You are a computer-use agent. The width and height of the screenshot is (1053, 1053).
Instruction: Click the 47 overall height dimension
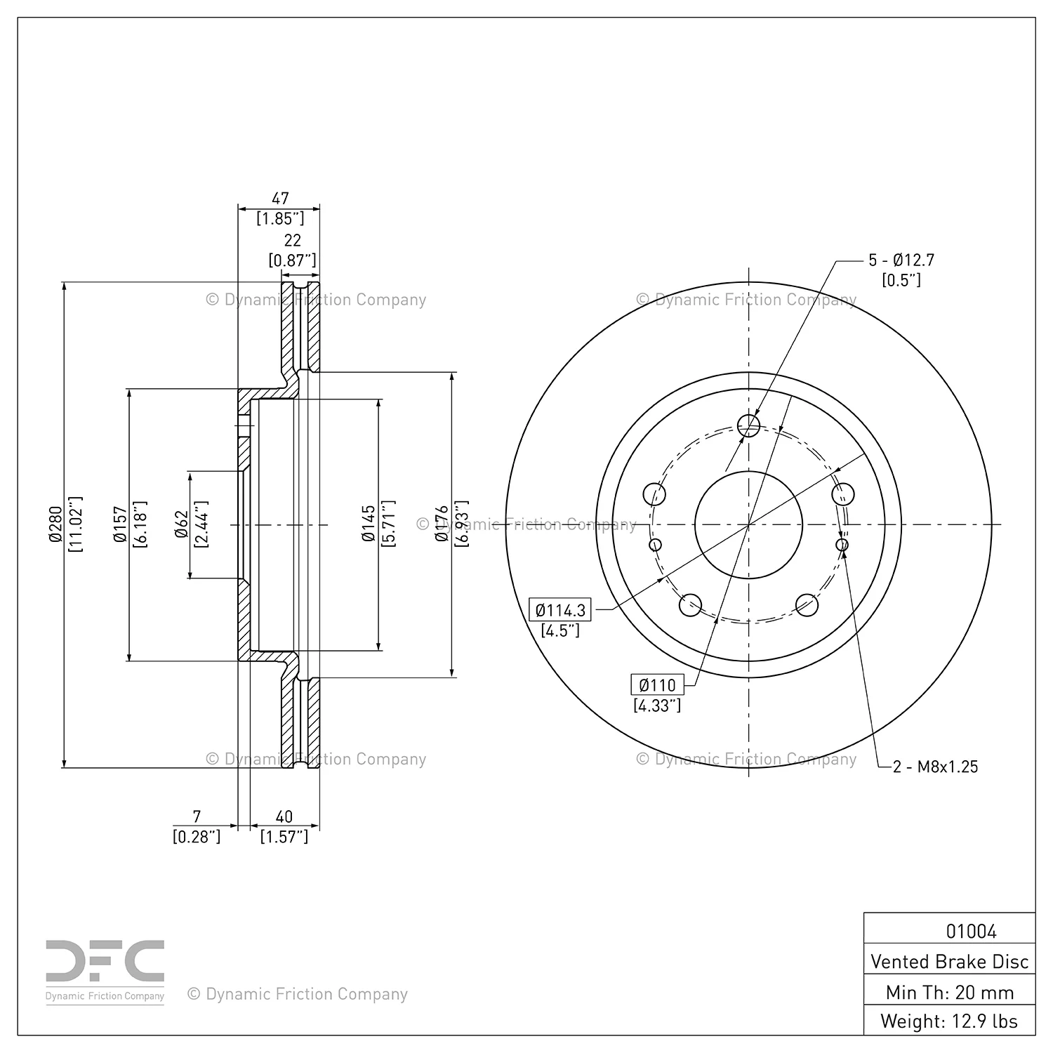point(280,199)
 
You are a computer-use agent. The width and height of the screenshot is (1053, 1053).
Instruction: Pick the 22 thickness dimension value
point(292,241)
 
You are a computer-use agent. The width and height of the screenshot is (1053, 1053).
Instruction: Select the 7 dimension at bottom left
point(197,816)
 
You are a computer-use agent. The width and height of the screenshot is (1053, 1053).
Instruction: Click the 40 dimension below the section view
point(284,816)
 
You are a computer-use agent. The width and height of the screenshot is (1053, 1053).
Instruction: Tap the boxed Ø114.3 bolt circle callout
point(559,610)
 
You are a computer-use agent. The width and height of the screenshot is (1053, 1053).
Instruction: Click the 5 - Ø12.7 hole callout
point(901,260)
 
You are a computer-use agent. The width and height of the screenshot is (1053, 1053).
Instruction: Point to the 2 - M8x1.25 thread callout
point(935,767)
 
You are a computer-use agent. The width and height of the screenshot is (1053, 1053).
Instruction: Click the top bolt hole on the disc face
point(749,423)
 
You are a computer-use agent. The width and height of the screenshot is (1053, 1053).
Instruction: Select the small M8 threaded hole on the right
point(842,545)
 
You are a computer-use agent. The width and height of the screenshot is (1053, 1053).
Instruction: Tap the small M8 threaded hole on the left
point(656,545)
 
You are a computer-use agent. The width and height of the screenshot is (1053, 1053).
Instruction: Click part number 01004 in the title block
point(971,931)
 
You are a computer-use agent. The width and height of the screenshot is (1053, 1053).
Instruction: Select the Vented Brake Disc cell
point(949,961)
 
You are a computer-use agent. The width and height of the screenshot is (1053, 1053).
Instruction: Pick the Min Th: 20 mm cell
point(949,992)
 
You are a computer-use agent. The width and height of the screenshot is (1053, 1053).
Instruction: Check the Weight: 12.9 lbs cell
point(949,1021)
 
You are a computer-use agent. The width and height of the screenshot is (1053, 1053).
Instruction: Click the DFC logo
point(105,971)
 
